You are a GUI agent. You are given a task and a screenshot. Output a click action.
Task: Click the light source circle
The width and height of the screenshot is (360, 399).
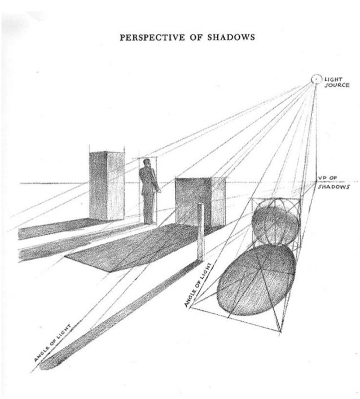(x=317, y=80)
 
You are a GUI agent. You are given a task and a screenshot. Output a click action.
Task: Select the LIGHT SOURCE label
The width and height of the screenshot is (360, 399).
(x=337, y=82)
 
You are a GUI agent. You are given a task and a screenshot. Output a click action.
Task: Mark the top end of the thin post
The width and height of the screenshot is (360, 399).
(x=200, y=205)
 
